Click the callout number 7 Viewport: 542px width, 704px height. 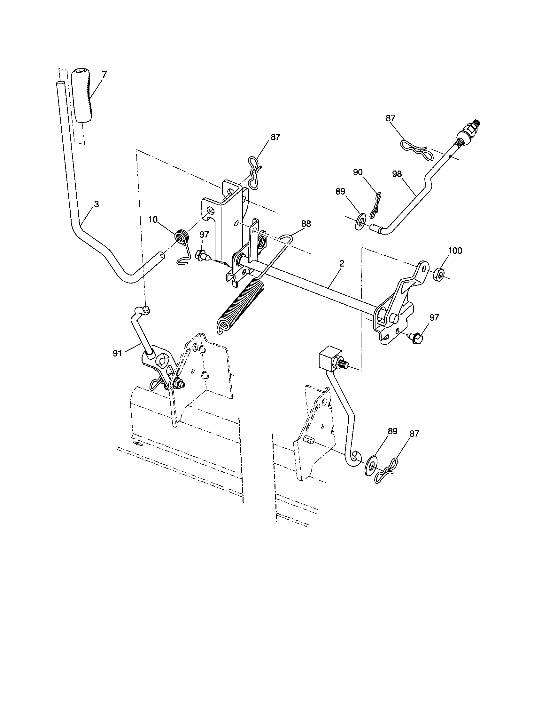click(104, 75)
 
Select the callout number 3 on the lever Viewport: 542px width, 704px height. click(96, 204)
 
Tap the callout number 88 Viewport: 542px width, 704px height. click(306, 224)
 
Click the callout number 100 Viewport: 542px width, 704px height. click(455, 251)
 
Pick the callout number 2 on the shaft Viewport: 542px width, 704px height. click(342, 263)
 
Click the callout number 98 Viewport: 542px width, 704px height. click(397, 174)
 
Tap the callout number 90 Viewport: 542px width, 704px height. click(358, 172)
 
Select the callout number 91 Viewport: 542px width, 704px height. click(117, 353)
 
